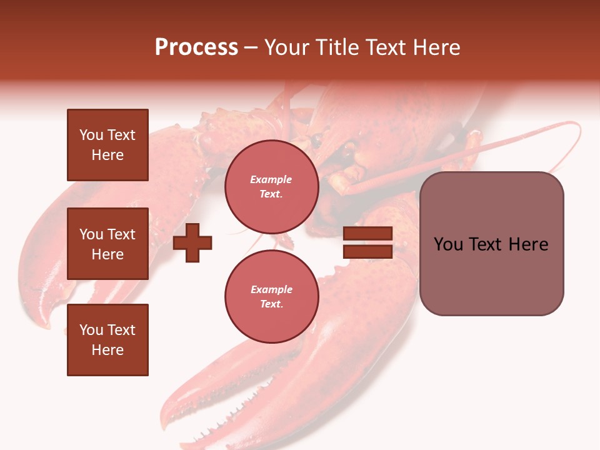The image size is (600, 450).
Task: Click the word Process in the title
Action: [x=196, y=47]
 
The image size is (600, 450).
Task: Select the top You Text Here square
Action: [x=107, y=145]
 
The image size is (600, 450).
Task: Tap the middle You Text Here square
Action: [x=107, y=244]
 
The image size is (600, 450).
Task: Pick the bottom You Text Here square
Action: [x=107, y=340]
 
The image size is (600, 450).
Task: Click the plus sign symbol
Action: [x=192, y=243]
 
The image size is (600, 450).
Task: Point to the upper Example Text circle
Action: [x=271, y=187]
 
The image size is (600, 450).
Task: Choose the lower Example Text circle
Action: [x=271, y=297]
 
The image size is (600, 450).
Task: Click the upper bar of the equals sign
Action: [x=367, y=234]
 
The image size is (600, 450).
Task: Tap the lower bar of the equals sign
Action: [x=367, y=252]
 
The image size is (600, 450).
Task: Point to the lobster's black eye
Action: [x=318, y=137]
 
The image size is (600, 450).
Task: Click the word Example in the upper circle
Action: [x=271, y=179]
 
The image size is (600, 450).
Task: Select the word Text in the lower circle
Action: [x=271, y=304]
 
